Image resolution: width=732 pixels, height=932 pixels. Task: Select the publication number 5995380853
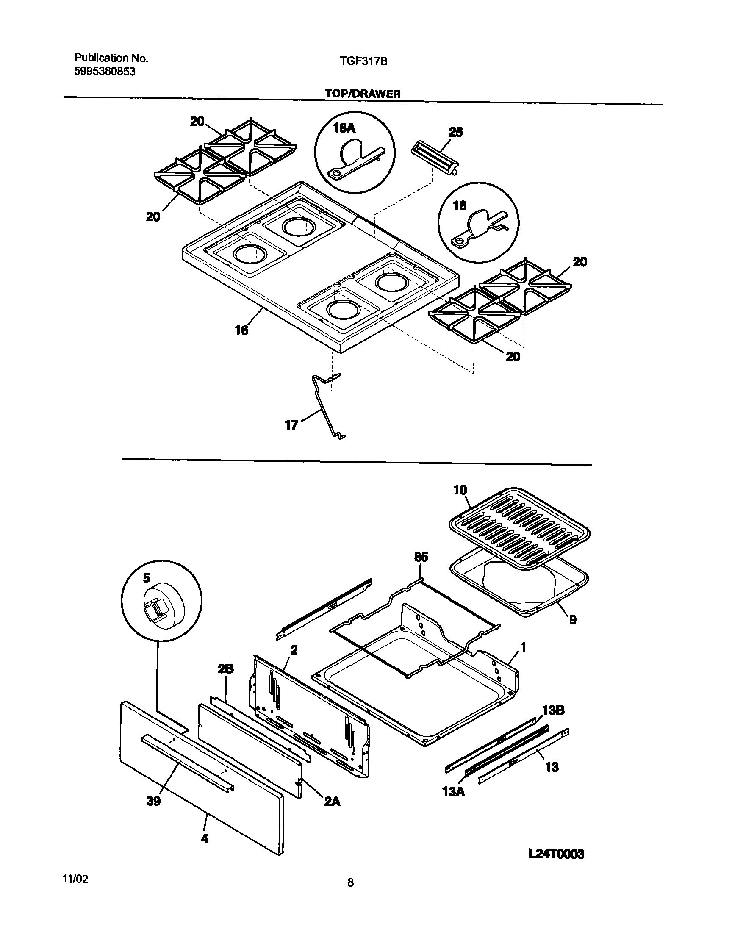point(105,72)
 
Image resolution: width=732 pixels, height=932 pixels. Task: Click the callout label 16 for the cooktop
point(241,330)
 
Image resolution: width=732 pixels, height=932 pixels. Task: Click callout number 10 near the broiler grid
point(460,490)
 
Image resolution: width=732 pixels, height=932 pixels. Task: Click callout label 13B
point(553,710)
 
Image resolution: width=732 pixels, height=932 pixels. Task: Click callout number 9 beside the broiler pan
point(573,619)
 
